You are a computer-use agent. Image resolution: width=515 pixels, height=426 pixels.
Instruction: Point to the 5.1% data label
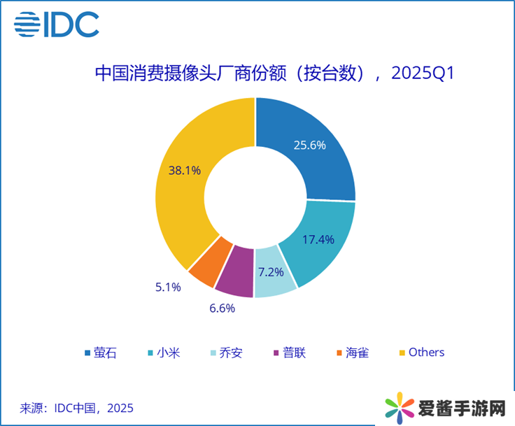pyautogui.click(x=167, y=287)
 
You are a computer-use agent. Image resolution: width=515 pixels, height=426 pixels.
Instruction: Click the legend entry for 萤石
pyautogui.click(x=100, y=353)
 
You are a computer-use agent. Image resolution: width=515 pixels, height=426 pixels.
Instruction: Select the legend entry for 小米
pyautogui.click(x=162, y=353)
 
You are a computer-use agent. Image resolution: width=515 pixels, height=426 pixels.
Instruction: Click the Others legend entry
pyautogui.click(x=421, y=353)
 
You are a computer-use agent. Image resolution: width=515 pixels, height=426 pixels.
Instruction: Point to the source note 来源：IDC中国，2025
pyautogui.click(x=76, y=408)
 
